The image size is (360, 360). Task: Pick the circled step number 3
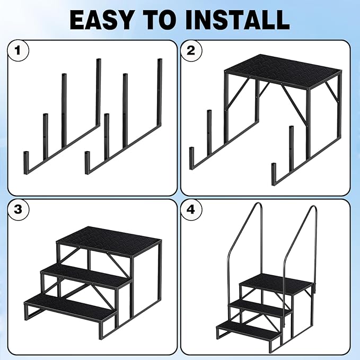[x=18, y=209]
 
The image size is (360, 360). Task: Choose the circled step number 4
[x=191, y=209]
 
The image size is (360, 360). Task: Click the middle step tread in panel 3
[x=85, y=275]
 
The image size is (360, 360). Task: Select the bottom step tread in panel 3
[x=69, y=308]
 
